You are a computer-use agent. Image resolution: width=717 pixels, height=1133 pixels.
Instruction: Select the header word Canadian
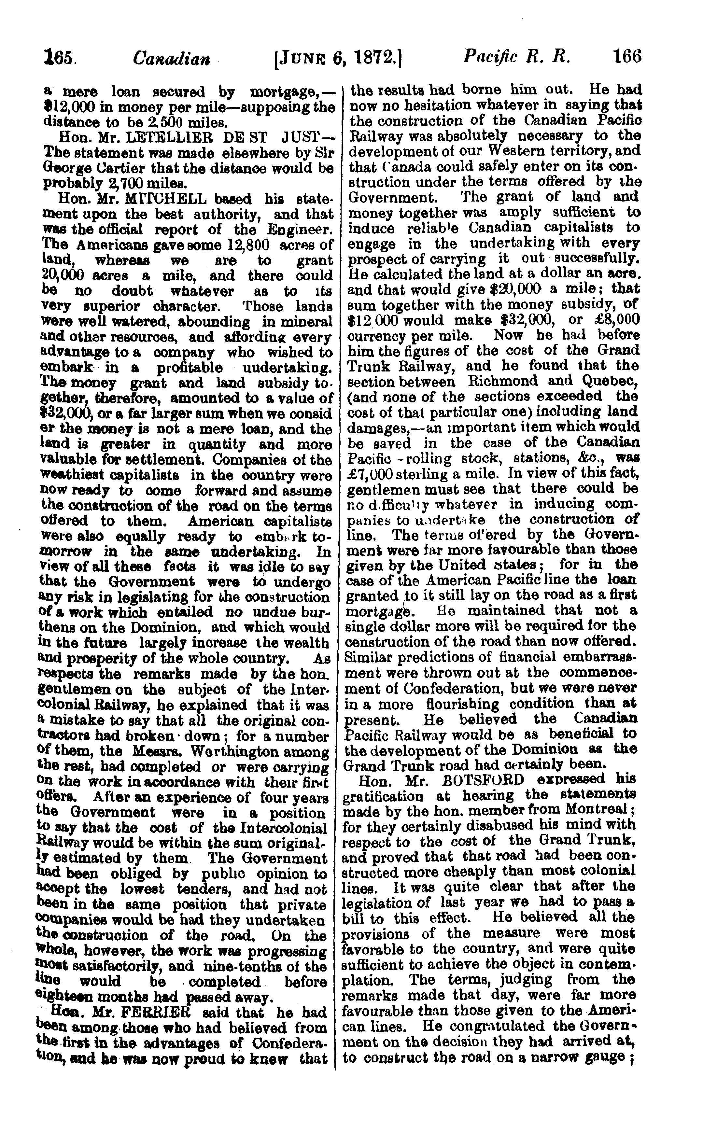point(171,59)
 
